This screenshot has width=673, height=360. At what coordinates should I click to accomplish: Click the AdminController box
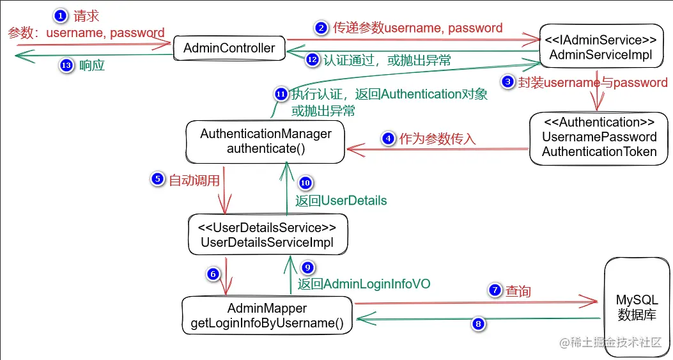[x=229, y=47]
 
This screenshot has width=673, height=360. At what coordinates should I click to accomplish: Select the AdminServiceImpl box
[x=601, y=47]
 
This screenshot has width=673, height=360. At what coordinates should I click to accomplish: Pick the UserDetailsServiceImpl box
[x=267, y=235]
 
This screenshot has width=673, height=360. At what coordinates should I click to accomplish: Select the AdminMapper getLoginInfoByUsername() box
[x=267, y=316]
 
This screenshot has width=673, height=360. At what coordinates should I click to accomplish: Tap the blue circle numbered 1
[x=59, y=15]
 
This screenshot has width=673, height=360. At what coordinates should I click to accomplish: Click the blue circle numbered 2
[x=321, y=27]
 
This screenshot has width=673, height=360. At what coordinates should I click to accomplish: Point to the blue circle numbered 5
[x=157, y=180]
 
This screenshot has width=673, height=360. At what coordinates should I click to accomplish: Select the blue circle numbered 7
[x=495, y=290]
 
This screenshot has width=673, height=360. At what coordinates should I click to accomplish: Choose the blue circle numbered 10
[x=306, y=183]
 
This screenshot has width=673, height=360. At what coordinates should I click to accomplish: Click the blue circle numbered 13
[x=66, y=66]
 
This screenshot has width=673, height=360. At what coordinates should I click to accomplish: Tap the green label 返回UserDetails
[x=341, y=200]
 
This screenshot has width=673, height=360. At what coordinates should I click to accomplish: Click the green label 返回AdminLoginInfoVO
[x=364, y=283]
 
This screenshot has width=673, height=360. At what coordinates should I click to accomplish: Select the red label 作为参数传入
[x=438, y=138]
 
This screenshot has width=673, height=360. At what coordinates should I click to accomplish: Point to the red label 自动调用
[x=194, y=180]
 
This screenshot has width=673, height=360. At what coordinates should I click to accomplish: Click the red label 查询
[x=518, y=291]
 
